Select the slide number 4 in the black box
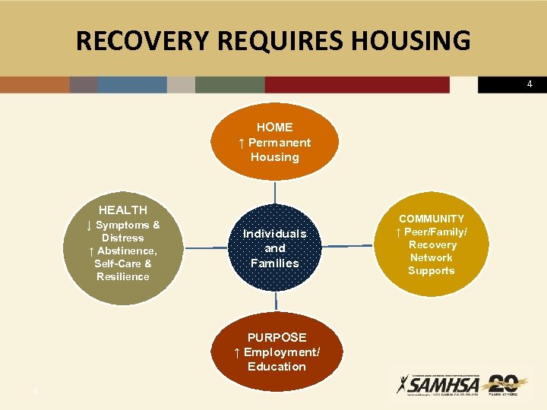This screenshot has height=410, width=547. [530, 84]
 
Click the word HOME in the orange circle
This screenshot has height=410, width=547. [274, 128]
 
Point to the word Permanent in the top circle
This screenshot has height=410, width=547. [280, 143]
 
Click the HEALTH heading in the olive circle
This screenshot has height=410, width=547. [123, 210]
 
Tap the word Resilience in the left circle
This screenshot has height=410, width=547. [123, 276]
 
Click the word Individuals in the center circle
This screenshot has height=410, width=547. [274, 234]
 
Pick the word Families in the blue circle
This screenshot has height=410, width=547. [274, 263]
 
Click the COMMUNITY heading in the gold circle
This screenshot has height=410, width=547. [432, 219]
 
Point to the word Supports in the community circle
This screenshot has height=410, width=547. [431, 270]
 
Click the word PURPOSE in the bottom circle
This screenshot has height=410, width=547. [277, 337]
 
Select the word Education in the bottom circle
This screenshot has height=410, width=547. [277, 367]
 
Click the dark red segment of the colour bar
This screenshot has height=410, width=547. [357, 84]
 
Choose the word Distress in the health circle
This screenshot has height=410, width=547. [123, 238]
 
